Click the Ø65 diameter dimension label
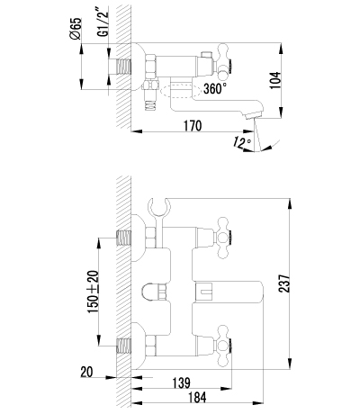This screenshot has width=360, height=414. coord(75,29)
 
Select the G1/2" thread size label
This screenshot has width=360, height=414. coord(103,22)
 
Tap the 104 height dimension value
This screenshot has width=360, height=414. coord(275,80)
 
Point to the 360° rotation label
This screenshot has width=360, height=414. coord(215,88)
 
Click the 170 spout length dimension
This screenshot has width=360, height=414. coord(193,126)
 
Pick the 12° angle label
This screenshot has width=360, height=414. coord(242,142)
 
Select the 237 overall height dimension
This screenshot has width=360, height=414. coord(284,283)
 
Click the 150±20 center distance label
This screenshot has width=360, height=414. coord(93,292)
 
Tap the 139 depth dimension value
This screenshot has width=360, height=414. coord(182,382)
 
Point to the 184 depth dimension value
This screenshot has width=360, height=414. coord(197,398)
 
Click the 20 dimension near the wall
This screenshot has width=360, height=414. coord(86,373)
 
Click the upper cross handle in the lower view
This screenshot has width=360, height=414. coord(223,238)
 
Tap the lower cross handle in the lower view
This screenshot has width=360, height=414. coord(223,346)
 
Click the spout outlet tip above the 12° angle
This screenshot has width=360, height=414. coord(254,115)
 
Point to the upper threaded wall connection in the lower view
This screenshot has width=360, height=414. coord(123,238)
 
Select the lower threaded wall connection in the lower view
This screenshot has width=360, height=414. coord(123,346)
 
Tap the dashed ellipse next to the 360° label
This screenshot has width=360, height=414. coord(180,91)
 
